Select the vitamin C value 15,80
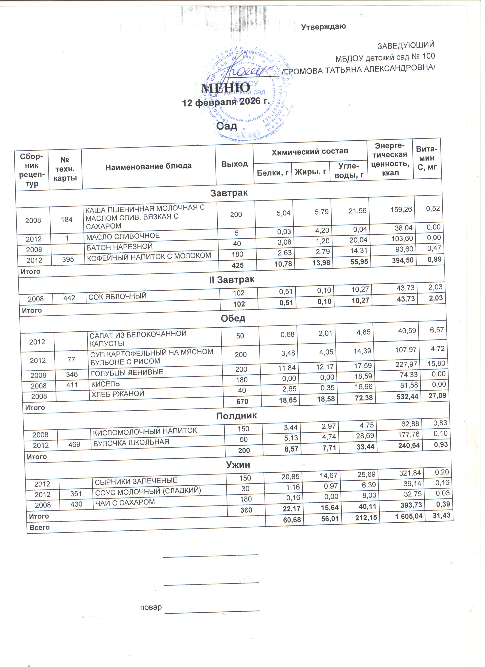pos(438,364)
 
